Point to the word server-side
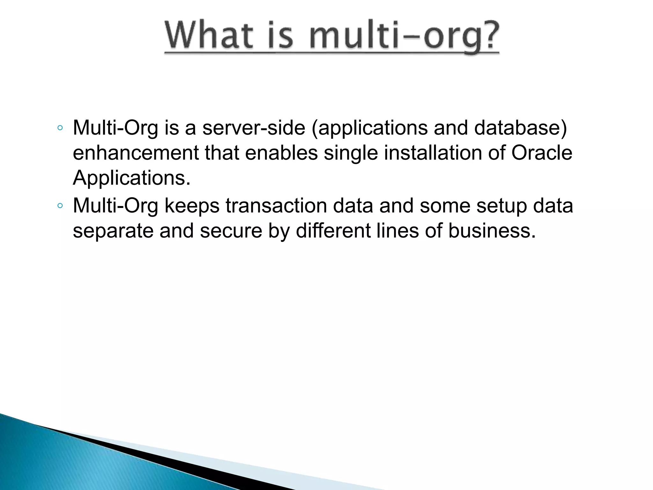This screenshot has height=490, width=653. [253, 128]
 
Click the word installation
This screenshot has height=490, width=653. [433, 153]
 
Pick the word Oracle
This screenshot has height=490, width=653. [542, 153]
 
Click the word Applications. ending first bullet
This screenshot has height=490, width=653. [131, 178]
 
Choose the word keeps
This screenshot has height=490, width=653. [192, 206]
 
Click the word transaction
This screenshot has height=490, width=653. [276, 206]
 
